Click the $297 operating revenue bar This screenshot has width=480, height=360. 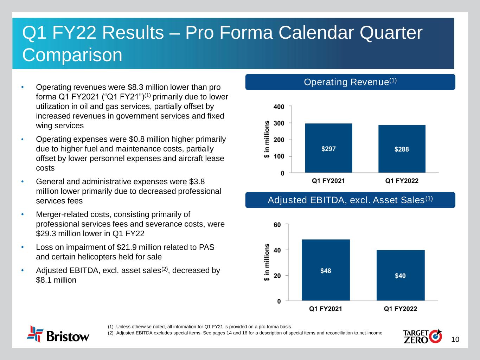[x=328, y=148]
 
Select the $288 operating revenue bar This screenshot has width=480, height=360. [x=402, y=149]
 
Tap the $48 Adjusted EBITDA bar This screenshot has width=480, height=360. [x=326, y=270]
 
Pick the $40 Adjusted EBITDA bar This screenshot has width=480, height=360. [x=400, y=275]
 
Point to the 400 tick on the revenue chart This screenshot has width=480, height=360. [x=280, y=106]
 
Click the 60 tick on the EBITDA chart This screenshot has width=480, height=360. [x=277, y=224]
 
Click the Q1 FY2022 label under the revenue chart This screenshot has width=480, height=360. [x=402, y=181]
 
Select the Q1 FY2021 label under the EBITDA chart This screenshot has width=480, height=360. [x=326, y=309]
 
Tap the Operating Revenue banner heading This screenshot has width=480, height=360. [x=350, y=82]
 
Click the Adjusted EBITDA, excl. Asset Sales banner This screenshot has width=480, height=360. [x=350, y=200]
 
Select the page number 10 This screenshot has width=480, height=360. [x=455, y=340]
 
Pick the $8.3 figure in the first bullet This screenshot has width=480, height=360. [x=139, y=87]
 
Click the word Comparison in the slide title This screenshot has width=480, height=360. [x=72, y=55]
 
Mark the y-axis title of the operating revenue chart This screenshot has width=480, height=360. [x=267, y=139]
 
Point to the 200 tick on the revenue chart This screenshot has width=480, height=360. [x=280, y=140]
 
